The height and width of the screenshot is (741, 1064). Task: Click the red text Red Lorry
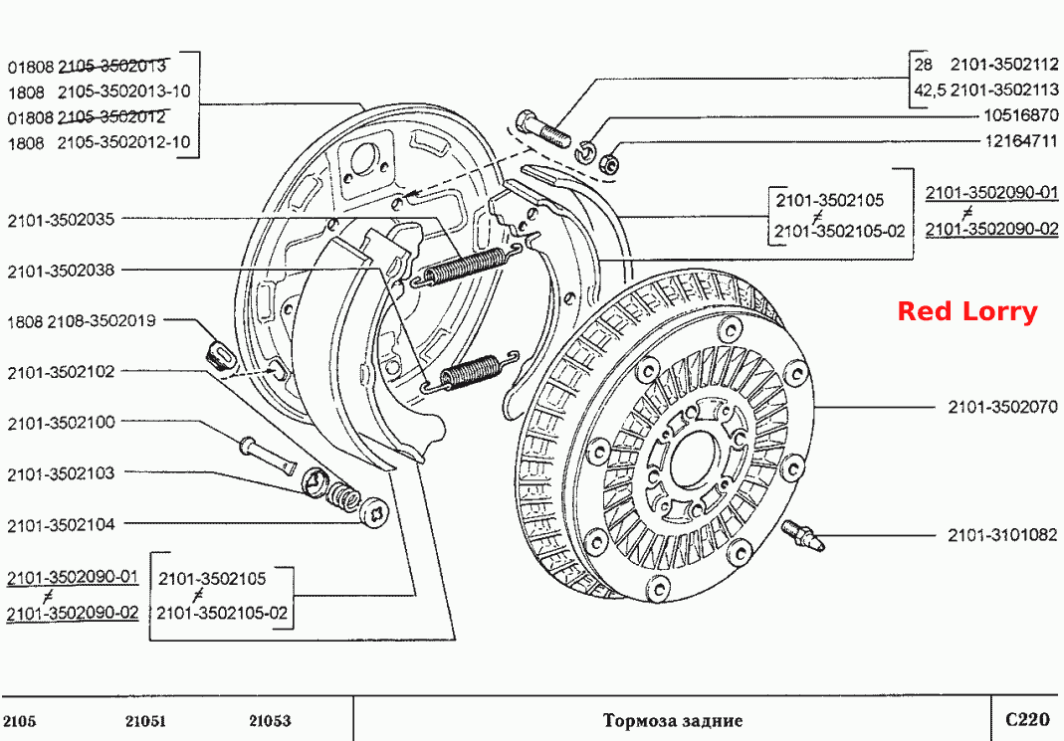click(x=967, y=311)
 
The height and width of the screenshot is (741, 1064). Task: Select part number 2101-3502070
click(x=1002, y=407)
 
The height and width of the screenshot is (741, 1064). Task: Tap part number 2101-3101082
click(x=1002, y=535)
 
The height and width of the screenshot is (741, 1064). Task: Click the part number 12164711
click(x=1021, y=140)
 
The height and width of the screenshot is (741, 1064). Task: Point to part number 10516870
click(x=1021, y=114)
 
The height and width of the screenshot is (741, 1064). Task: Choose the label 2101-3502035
click(x=61, y=220)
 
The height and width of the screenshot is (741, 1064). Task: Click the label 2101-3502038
click(x=61, y=271)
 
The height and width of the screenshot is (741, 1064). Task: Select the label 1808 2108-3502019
click(x=82, y=320)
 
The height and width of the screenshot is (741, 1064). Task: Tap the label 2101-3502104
click(x=61, y=525)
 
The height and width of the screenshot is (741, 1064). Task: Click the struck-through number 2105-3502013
click(x=111, y=66)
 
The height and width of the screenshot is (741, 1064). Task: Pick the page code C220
click(x=1027, y=719)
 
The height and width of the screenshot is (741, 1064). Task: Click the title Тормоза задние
click(x=673, y=720)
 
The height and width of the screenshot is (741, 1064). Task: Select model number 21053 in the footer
click(x=270, y=721)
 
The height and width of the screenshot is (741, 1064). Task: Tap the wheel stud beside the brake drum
click(x=803, y=535)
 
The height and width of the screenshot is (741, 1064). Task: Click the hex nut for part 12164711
click(x=610, y=163)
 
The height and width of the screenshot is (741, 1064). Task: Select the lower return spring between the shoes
click(x=470, y=372)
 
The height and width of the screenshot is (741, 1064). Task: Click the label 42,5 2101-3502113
click(x=986, y=90)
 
